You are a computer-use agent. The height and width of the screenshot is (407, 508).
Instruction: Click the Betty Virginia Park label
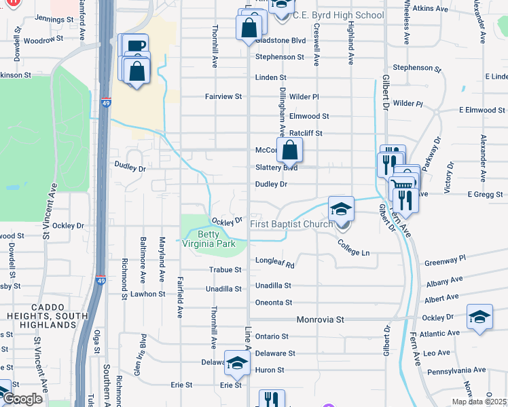coord(216,239)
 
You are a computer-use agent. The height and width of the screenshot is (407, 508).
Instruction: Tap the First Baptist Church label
coord(290,224)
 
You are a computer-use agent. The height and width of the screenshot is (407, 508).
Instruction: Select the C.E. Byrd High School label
coord(338,15)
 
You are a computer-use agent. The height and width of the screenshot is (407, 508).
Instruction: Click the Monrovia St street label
coord(321,319)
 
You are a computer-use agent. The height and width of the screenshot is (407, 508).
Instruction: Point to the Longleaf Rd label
coord(274,260)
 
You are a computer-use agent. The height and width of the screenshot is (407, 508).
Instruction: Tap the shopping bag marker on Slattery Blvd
coord(289,151)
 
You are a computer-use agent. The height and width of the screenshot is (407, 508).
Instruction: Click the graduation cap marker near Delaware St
coord(237,364)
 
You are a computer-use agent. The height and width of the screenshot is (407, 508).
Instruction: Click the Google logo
coord(22,399)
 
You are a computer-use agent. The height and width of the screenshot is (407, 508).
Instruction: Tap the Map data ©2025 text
coord(479,402)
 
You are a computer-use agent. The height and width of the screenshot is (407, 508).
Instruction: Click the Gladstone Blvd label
coord(280,41)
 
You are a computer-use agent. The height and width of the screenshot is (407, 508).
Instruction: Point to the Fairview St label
coord(223,97)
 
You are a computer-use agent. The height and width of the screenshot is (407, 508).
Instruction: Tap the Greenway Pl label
coord(446,259)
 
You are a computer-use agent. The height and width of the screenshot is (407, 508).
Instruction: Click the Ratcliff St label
coord(306,134)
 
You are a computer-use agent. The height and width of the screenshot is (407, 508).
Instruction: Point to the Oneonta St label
coord(273,303)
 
